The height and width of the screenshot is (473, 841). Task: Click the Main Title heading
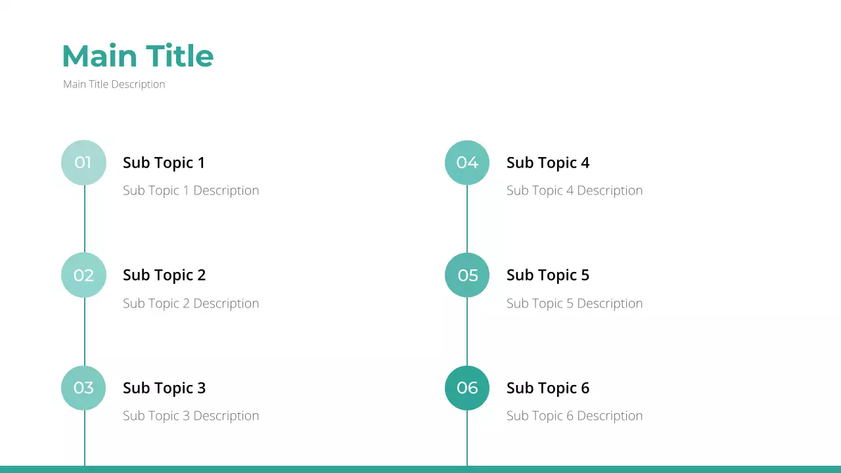pos(137,56)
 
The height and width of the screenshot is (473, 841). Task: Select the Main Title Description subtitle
pos(114,84)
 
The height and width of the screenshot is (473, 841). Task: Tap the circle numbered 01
pos(83,162)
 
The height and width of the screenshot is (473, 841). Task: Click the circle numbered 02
pos(83,275)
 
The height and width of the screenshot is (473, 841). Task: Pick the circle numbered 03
pos(83,388)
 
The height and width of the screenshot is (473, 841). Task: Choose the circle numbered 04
pos(467,162)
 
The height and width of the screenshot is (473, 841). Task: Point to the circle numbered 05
pos(467,275)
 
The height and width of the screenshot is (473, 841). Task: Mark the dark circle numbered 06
pos(467,388)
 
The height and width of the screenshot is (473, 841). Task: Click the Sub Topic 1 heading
pos(164,162)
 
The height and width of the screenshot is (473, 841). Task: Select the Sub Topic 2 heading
pos(164,275)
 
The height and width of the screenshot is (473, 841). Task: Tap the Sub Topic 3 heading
pos(164,388)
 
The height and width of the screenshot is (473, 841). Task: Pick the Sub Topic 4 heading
pos(547,162)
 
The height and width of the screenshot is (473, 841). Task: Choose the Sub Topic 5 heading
pos(547,275)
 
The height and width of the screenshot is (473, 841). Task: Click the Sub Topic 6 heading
pos(547,388)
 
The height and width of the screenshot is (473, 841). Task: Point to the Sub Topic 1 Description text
pos(191,191)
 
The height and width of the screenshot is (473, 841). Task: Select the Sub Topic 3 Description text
pos(191,416)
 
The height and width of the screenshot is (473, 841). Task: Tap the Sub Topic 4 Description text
pos(574,191)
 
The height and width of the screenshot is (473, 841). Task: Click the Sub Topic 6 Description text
pos(574,416)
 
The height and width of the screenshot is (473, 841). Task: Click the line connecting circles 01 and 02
pos(84,219)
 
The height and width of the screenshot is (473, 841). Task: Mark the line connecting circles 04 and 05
pos(467,219)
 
